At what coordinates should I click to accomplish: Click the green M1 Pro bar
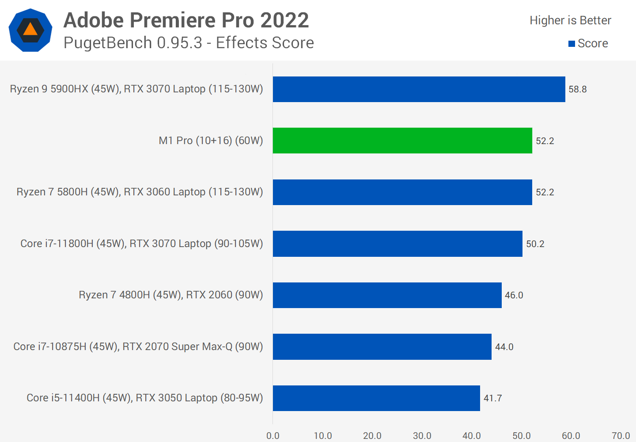[x=402, y=141]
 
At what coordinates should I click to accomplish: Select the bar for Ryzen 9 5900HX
[x=419, y=89]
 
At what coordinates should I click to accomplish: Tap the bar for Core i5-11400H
[x=376, y=398]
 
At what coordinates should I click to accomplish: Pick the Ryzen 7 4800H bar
[x=387, y=295]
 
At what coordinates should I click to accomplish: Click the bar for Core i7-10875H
[x=382, y=347]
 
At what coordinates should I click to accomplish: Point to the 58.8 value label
[x=577, y=89]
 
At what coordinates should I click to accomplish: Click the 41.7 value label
[x=492, y=398]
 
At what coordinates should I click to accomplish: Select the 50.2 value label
[x=535, y=244]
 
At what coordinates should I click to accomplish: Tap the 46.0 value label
[x=514, y=295]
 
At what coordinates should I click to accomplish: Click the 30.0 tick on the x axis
[x=422, y=436]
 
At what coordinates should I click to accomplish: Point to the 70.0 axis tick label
[x=621, y=436]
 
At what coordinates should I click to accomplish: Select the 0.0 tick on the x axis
[x=273, y=436]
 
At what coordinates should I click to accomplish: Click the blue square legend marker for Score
[x=572, y=44]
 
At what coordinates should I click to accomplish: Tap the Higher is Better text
[x=570, y=20]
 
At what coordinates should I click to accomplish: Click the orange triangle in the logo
[x=30, y=30]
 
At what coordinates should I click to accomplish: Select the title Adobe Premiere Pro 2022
[x=186, y=20]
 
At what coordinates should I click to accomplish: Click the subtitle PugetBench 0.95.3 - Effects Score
[x=189, y=43]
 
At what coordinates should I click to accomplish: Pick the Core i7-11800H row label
[x=141, y=244]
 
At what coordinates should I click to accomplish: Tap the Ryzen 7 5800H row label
[x=140, y=192]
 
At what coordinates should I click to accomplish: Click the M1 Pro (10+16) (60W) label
[x=211, y=141]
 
